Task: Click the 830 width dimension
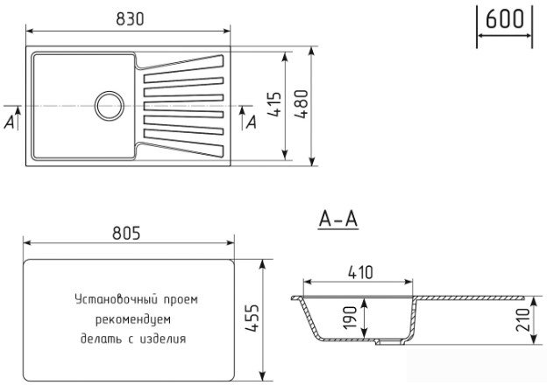(130, 19)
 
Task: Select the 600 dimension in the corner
(505, 19)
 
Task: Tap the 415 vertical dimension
(274, 104)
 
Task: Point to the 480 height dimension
(302, 104)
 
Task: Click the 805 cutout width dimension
(126, 234)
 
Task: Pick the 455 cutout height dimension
(252, 318)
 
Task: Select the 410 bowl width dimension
(360, 273)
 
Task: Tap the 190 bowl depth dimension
(349, 318)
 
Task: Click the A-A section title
(338, 220)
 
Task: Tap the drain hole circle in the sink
(110, 106)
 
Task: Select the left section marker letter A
(10, 122)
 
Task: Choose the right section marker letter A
(252, 122)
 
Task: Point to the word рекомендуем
(133, 319)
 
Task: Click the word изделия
(162, 339)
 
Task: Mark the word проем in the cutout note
(181, 300)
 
